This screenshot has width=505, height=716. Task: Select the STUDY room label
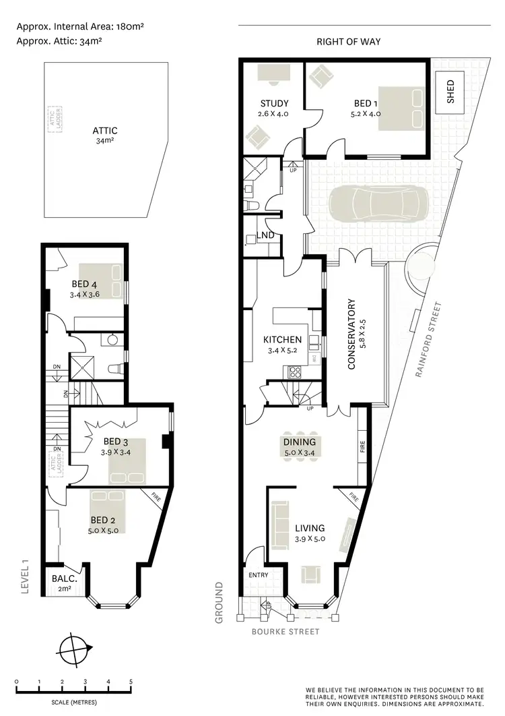point(274,104)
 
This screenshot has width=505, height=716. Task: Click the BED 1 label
point(363,104)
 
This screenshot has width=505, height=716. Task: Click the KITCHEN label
point(282,340)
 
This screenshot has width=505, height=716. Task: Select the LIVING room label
point(309,528)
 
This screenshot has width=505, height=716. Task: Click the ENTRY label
point(259,575)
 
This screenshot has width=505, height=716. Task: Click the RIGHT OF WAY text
point(348,42)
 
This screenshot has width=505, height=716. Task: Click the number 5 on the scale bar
point(131,682)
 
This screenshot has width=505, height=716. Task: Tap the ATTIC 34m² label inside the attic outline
point(105,136)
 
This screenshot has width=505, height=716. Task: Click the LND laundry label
point(265,236)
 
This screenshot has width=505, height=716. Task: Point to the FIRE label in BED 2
point(156,500)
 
